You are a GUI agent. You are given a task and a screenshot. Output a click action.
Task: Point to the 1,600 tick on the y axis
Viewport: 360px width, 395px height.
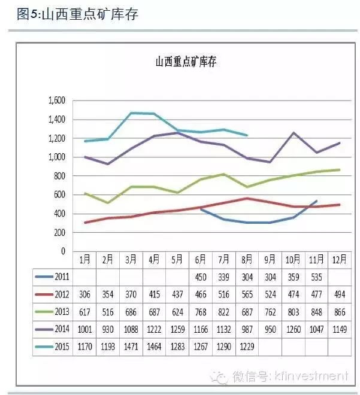(56, 101)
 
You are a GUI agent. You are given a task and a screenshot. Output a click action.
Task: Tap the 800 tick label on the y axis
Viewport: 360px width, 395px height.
(59, 176)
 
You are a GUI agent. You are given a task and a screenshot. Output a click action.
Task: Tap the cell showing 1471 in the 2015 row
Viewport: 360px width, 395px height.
(131, 347)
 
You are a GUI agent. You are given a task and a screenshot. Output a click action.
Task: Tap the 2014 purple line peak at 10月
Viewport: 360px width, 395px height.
(294, 132)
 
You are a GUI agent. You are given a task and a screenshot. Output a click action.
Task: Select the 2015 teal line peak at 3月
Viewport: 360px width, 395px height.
(131, 113)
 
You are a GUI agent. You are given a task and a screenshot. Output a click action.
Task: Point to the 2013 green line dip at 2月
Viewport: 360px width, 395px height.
(108, 203)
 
